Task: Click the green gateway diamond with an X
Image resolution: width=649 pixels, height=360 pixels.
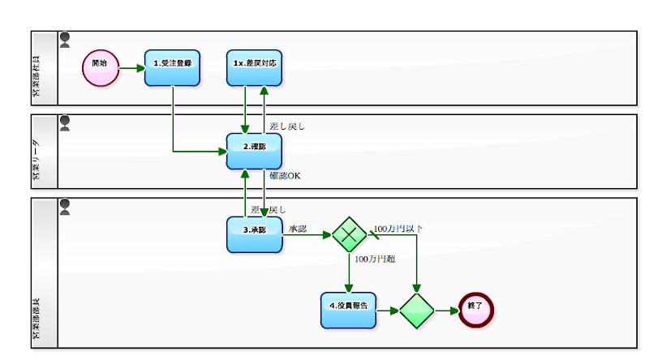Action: coord(350,234)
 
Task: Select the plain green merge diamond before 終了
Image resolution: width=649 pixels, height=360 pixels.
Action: coord(417,311)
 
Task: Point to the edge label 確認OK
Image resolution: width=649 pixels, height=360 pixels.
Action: coord(285,176)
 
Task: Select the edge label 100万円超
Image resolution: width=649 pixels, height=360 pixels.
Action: coord(375,259)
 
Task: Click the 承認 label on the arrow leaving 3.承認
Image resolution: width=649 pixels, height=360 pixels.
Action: coord(298,229)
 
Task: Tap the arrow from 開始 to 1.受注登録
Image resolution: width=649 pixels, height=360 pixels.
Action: coord(131,68)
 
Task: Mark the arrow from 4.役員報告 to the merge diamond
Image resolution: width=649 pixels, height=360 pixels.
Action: coord(388,311)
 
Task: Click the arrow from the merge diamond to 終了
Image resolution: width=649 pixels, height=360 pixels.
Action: coord(447,311)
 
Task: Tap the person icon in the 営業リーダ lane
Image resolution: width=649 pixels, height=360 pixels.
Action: coord(65,122)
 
